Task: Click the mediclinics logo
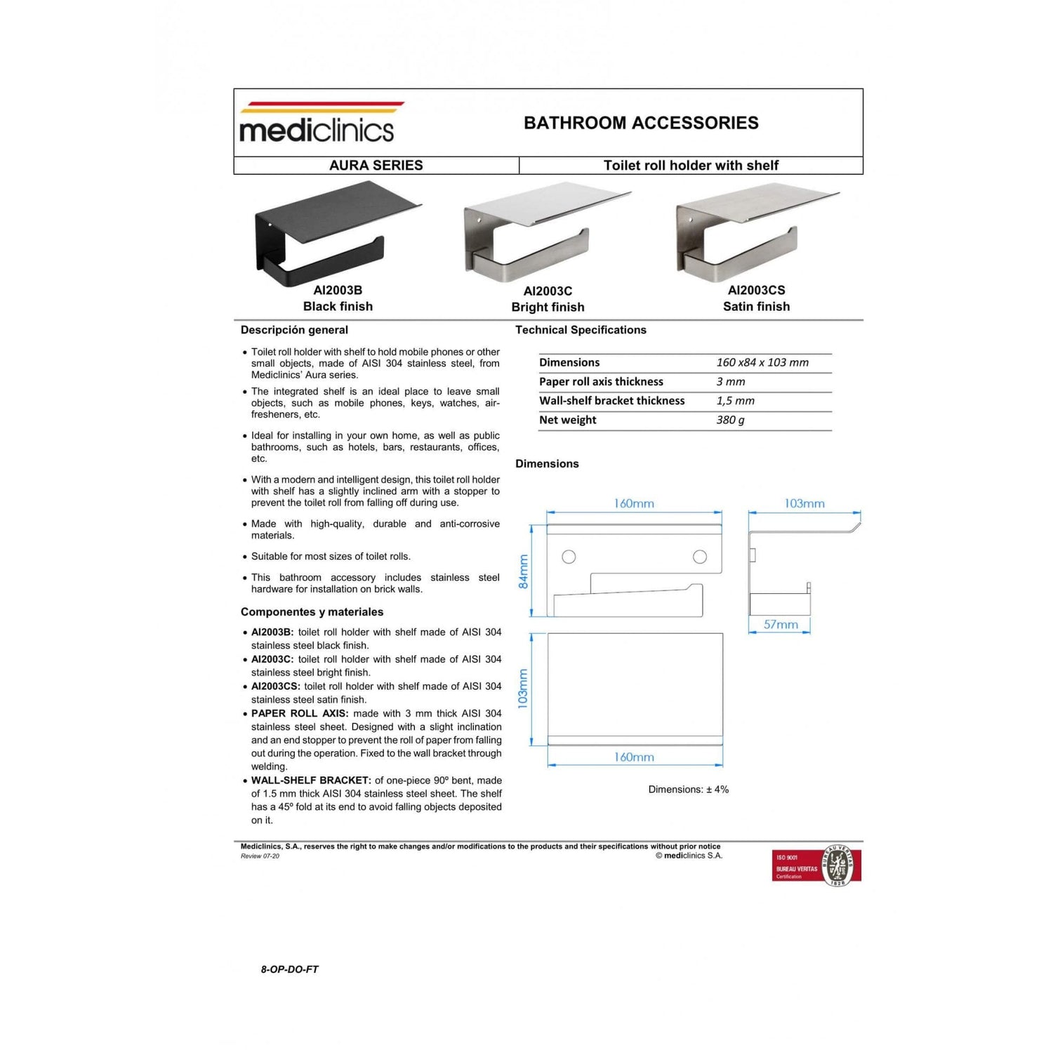(x=317, y=124)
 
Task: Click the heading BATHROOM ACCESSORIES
(x=641, y=123)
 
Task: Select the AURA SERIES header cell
(x=376, y=166)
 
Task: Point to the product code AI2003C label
(x=548, y=291)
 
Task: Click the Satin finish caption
(x=756, y=307)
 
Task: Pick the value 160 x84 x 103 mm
(x=762, y=363)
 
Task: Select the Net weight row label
(x=568, y=420)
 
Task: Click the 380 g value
(x=730, y=420)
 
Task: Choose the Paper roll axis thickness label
(x=601, y=382)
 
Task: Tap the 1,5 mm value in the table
(x=735, y=401)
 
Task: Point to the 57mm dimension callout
(x=781, y=624)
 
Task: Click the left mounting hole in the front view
(x=569, y=557)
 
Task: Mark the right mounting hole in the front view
(x=700, y=557)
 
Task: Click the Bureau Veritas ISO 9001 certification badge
(x=816, y=866)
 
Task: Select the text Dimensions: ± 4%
(x=688, y=790)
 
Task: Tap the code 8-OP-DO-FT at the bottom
(x=289, y=969)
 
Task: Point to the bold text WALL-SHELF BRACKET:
(x=311, y=781)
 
